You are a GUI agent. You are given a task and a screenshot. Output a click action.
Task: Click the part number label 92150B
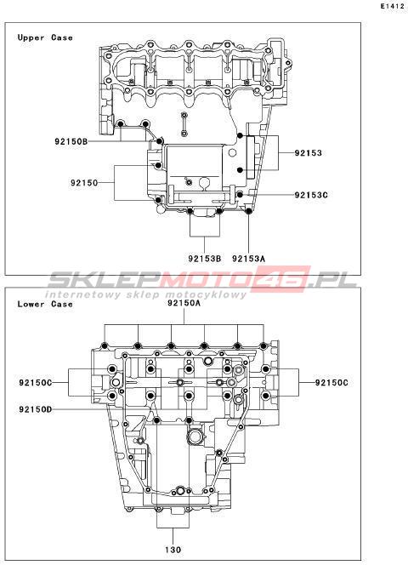71,141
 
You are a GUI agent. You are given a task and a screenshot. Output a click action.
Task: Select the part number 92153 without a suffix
308,153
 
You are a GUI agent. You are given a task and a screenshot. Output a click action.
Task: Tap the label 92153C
311,195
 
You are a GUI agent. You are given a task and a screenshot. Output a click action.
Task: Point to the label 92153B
204,259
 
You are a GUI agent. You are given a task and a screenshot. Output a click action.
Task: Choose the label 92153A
248,259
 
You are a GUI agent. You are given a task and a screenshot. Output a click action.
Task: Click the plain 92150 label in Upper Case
84,183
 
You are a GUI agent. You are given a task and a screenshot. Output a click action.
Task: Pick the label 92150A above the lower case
184,303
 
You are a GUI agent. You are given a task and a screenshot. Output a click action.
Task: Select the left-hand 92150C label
36,382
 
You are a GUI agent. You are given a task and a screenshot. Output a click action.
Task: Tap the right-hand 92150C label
331,382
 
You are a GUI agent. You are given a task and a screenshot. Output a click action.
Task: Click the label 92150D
36,409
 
